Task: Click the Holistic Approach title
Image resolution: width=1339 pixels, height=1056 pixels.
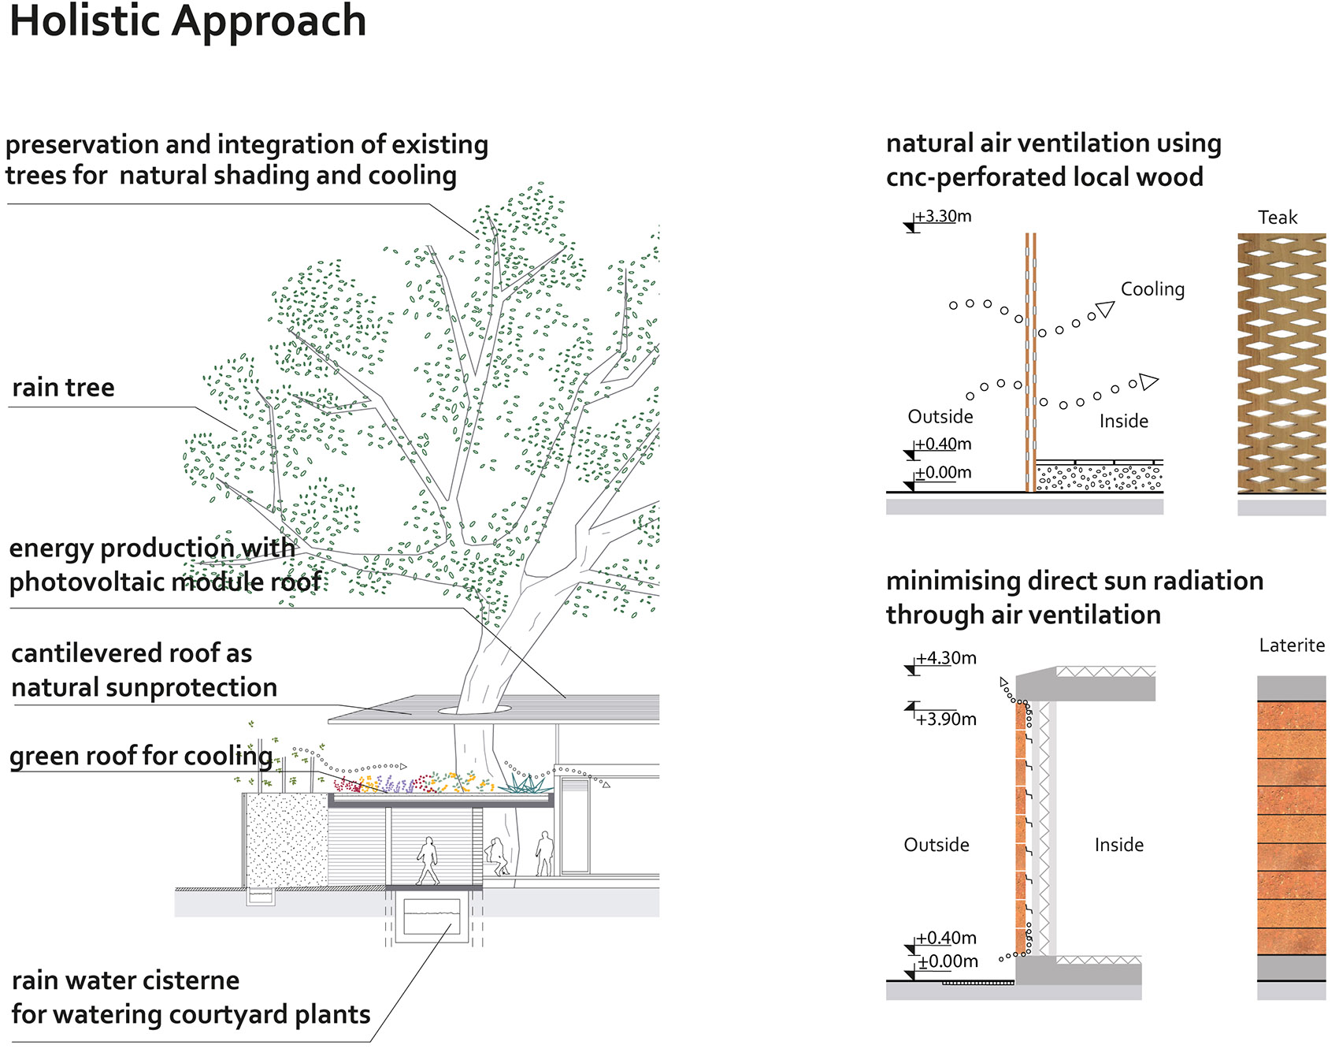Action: (x=187, y=20)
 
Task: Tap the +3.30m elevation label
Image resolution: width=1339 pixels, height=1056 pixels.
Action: (x=943, y=216)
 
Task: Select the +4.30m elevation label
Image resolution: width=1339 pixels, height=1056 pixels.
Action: (x=946, y=658)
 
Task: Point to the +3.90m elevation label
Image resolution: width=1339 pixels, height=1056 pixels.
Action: (x=946, y=719)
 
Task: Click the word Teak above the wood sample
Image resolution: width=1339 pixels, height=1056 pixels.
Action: (x=1277, y=218)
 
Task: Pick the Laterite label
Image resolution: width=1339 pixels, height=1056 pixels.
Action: (x=1291, y=645)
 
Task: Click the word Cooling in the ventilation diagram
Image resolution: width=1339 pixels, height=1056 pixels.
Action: (x=1152, y=289)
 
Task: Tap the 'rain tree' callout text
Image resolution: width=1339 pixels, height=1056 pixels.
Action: (x=63, y=388)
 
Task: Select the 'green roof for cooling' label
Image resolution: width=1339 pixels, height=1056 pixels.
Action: (x=140, y=756)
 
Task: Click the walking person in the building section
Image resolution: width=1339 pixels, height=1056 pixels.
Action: (x=428, y=861)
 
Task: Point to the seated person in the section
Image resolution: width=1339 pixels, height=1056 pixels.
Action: (x=497, y=857)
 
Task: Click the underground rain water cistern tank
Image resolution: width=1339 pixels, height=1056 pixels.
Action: (x=432, y=917)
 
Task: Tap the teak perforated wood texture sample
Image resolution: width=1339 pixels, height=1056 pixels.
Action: (x=1281, y=363)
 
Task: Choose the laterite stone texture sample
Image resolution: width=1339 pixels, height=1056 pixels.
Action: (x=1291, y=827)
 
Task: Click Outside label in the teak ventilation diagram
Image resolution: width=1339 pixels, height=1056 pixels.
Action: (x=940, y=417)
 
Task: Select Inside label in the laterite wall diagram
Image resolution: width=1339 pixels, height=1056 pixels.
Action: (x=1118, y=845)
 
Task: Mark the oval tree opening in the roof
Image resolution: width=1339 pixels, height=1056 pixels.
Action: (x=474, y=710)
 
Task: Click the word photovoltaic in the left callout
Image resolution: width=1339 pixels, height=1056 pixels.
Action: (x=87, y=582)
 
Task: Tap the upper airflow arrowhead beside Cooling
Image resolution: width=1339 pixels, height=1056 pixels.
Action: (x=1106, y=309)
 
